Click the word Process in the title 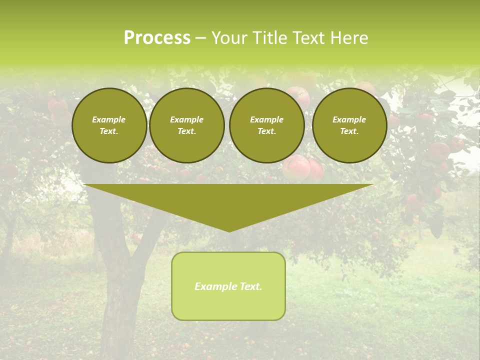(157, 38)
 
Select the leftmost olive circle (109, 125)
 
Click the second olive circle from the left (186, 125)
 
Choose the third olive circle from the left (266, 125)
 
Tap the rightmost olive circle (349, 125)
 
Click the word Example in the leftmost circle (109, 119)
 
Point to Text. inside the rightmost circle (349, 131)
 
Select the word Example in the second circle (186, 119)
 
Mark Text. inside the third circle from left (266, 131)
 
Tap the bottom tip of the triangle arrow (229, 230)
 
